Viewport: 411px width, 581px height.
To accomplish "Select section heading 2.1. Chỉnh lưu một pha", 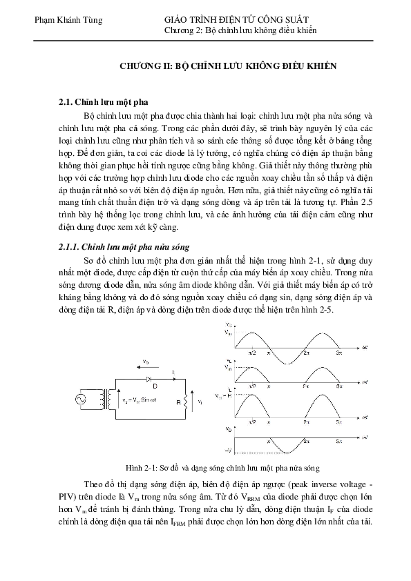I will point(103,101).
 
